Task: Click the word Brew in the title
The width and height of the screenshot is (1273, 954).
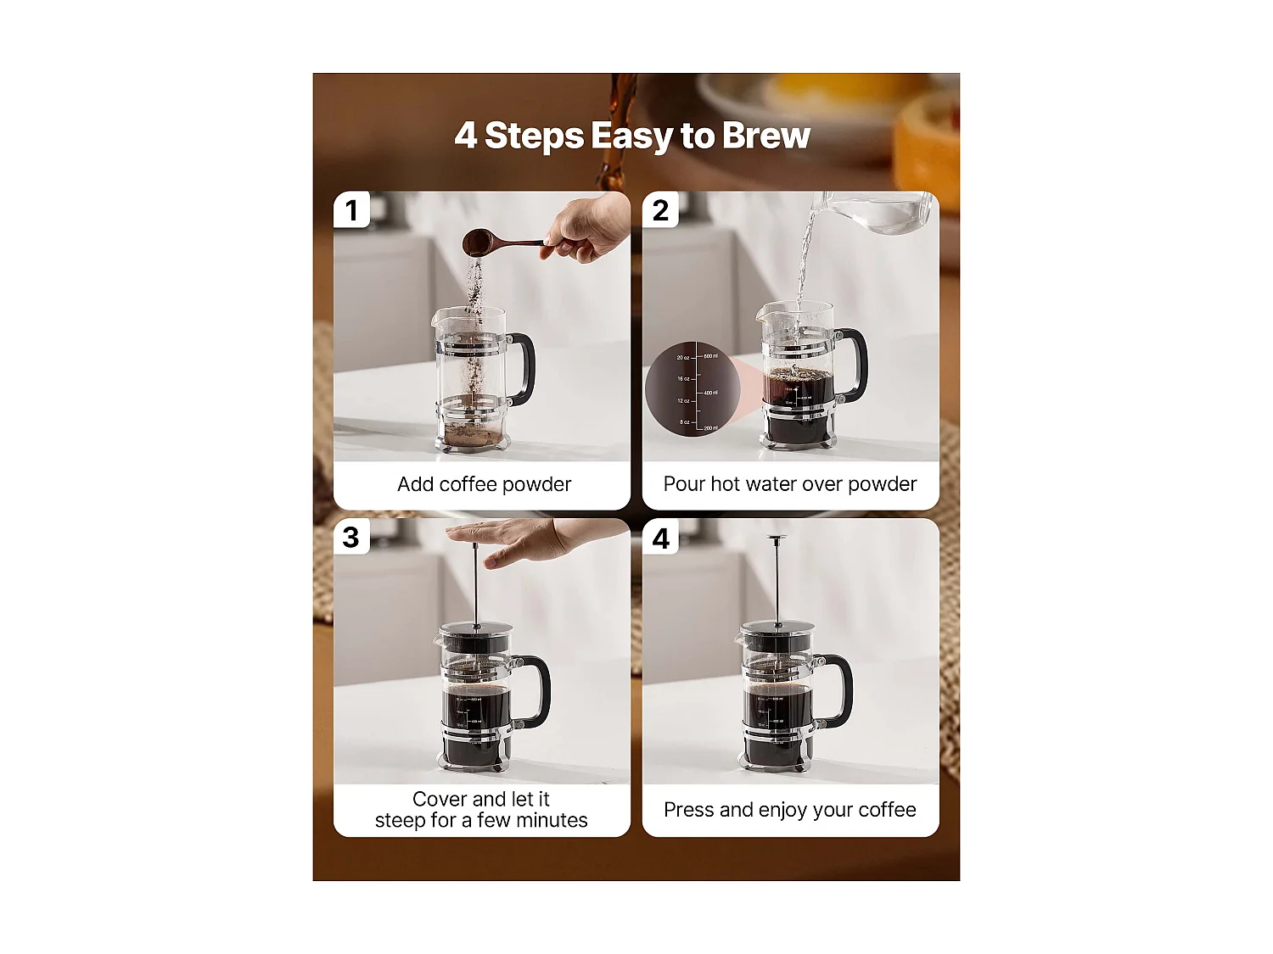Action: pos(765,136)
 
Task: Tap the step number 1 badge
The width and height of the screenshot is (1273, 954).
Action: pos(351,210)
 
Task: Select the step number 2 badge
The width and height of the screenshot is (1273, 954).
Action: pos(660,210)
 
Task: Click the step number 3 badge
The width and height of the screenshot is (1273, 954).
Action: pos(351,538)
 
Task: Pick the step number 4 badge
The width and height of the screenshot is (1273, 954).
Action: pos(660,538)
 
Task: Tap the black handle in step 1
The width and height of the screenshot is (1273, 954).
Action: pos(524,368)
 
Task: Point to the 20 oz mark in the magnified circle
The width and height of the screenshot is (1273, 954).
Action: pos(683,357)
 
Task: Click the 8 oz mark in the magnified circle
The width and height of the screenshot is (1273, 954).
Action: pos(684,421)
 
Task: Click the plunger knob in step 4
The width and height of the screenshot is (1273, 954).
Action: pos(776,538)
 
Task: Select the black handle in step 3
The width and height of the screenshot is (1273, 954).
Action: pos(538,689)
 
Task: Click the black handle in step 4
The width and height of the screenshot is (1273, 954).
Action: pos(840,689)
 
